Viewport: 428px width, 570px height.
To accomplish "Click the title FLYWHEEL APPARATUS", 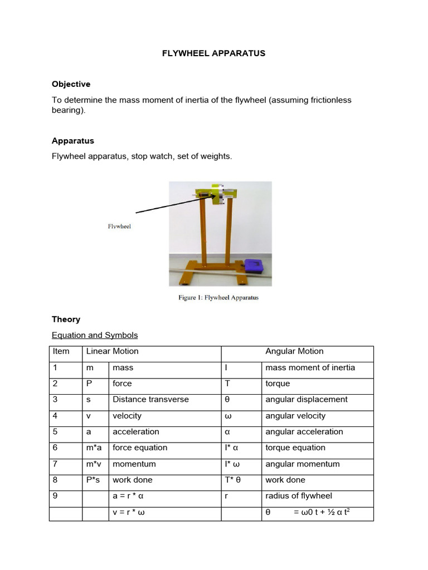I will click(x=213, y=53).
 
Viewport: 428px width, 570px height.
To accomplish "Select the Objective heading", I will click(x=71, y=84).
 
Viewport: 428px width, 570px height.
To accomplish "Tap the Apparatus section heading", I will click(x=72, y=141).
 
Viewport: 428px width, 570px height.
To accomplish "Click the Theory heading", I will click(x=66, y=320).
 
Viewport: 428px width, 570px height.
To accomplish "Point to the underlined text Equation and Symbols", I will click(x=95, y=335).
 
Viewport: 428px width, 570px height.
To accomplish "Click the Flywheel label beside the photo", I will click(x=119, y=227).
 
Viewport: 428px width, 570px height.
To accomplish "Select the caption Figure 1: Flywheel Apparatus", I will click(x=218, y=298).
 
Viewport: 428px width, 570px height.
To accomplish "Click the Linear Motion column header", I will click(x=112, y=351).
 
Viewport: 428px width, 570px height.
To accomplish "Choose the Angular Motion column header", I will click(x=294, y=351).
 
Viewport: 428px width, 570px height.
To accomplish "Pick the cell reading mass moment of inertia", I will click(x=310, y=367).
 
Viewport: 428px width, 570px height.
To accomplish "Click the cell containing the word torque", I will click(x=278, y=384).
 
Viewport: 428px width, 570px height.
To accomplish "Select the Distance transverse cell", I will click(x=150, y=399).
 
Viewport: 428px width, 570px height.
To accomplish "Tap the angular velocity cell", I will click(x=295, y=416).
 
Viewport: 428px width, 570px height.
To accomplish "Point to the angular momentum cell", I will click(x=302, y=464).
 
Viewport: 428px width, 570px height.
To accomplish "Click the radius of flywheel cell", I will click(x=298, y=496).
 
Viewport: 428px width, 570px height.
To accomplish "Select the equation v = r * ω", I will click(x=129, y=512).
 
